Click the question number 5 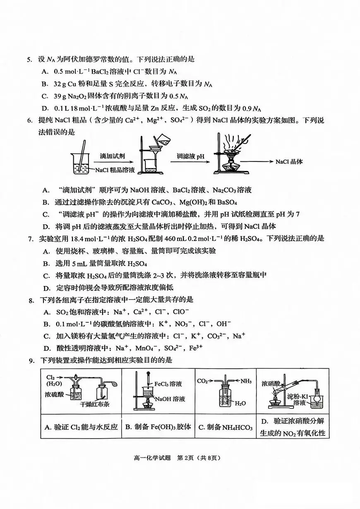[29, 60]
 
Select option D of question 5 [46, 109]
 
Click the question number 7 [29, 239]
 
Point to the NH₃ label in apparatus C [245, 381]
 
